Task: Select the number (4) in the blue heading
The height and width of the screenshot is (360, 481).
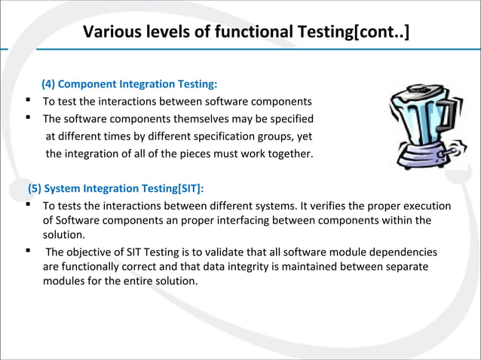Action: tap(50, 84)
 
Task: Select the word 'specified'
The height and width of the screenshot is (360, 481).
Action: tap(290, 118)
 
